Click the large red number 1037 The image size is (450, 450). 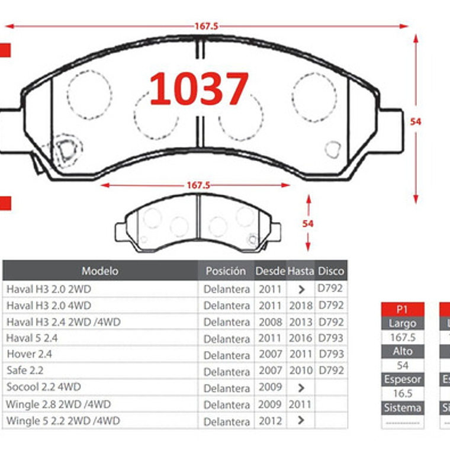199,89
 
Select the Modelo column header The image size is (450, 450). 99,271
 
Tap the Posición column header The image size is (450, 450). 226,271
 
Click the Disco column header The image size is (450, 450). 331,271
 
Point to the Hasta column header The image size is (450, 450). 301,271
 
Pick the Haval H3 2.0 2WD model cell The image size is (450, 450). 49,289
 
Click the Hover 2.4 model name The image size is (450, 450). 30,354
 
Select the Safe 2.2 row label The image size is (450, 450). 25,371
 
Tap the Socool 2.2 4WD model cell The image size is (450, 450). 44,387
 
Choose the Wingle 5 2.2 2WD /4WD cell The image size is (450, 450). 63,421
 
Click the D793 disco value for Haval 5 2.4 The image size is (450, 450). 331,338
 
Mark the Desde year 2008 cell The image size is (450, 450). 270,322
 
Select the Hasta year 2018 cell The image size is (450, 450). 301,306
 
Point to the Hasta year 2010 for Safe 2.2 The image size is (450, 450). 301,371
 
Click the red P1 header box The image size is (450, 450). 403,309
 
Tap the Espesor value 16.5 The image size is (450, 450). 403,394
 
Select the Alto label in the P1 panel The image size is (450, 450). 403,351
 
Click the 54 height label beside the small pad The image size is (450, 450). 308,224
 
